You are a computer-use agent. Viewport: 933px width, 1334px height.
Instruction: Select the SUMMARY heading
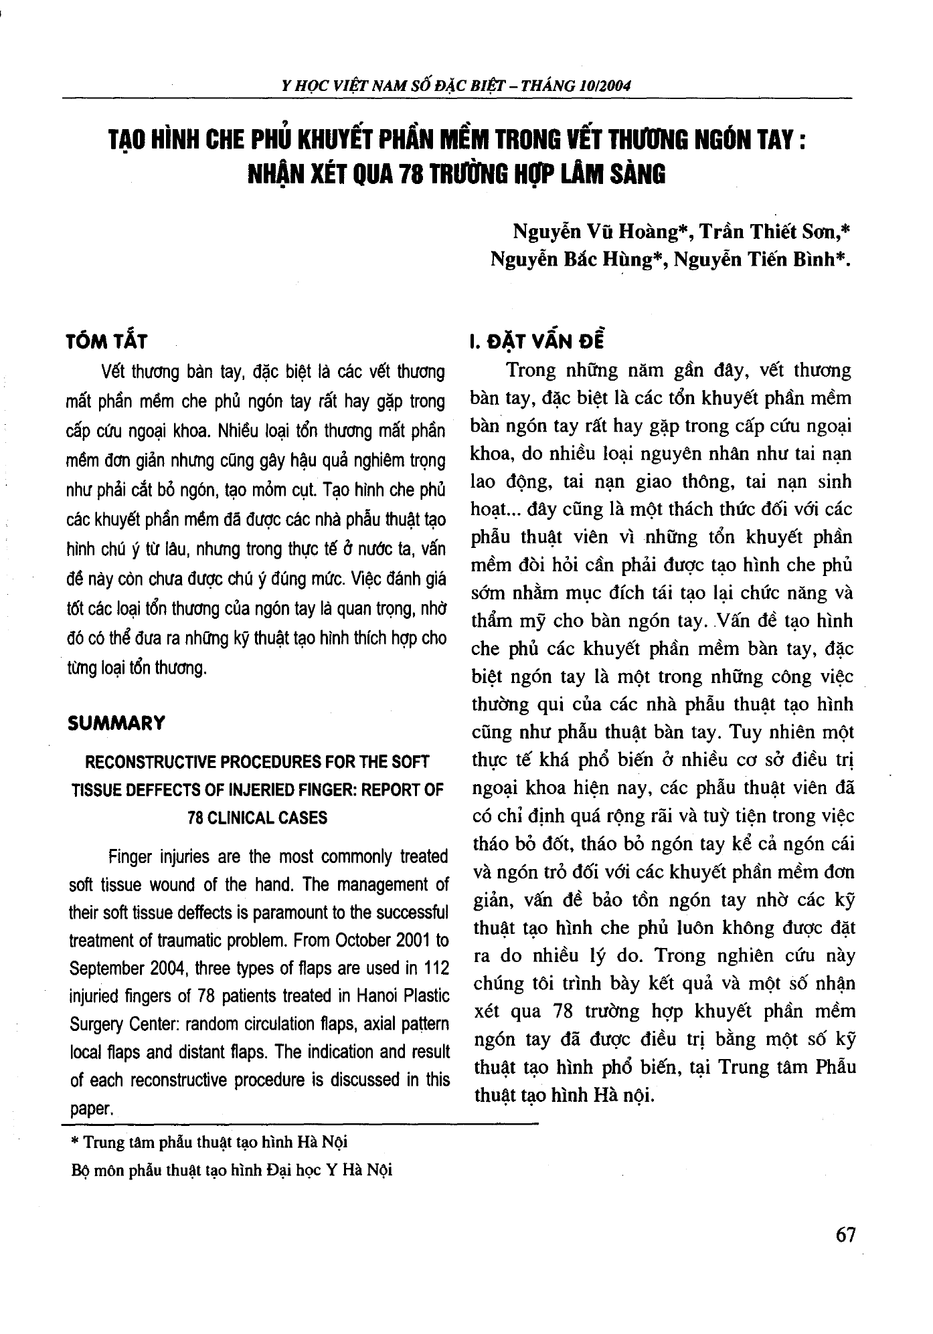(116, 723)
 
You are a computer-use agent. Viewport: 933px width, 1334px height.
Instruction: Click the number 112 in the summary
(435, 968)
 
